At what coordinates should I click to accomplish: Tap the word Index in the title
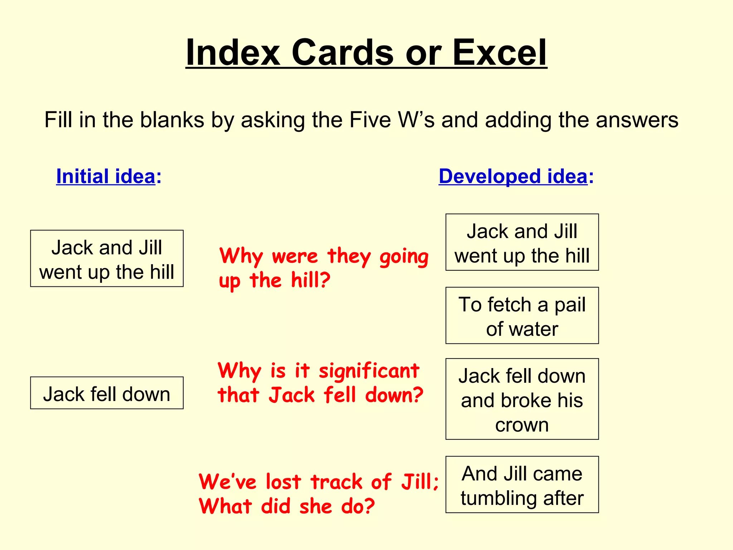pyautogui.click(x=233, y=53)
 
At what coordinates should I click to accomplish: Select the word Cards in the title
pyautogui.click(x=343, y=53)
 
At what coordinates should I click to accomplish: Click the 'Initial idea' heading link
pyautogui.click(x=106, y=176)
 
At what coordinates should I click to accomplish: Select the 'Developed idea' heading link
pyautogui.click(x=513, y=176)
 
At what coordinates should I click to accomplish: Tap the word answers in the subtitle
pyautogui.click(x=637, y=120)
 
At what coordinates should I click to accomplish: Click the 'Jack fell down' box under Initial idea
pyautogui.click(x=107, y=393)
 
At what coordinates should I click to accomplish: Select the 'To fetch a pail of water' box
pyautogui.click(x=522, y=315)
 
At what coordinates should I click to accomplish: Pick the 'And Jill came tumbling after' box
pyautogui.click(x=522, y=484)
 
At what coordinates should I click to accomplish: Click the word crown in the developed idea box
pyautogui.click(x=522, y=425)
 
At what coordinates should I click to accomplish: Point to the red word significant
pyautogui.click(x=369, y=371)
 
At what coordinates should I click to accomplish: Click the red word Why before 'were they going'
pyautogui.click(x=241, y=256)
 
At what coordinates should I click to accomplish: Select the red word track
pyautogui.click(x=336, y=482)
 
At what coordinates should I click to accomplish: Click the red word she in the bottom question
pyautogui.click(x=316, y=506)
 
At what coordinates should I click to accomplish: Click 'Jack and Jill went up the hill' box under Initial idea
pyautogui.click(x=107, y=259)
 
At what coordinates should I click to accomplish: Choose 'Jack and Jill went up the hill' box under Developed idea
pyautogui.click(x=522, y=242)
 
